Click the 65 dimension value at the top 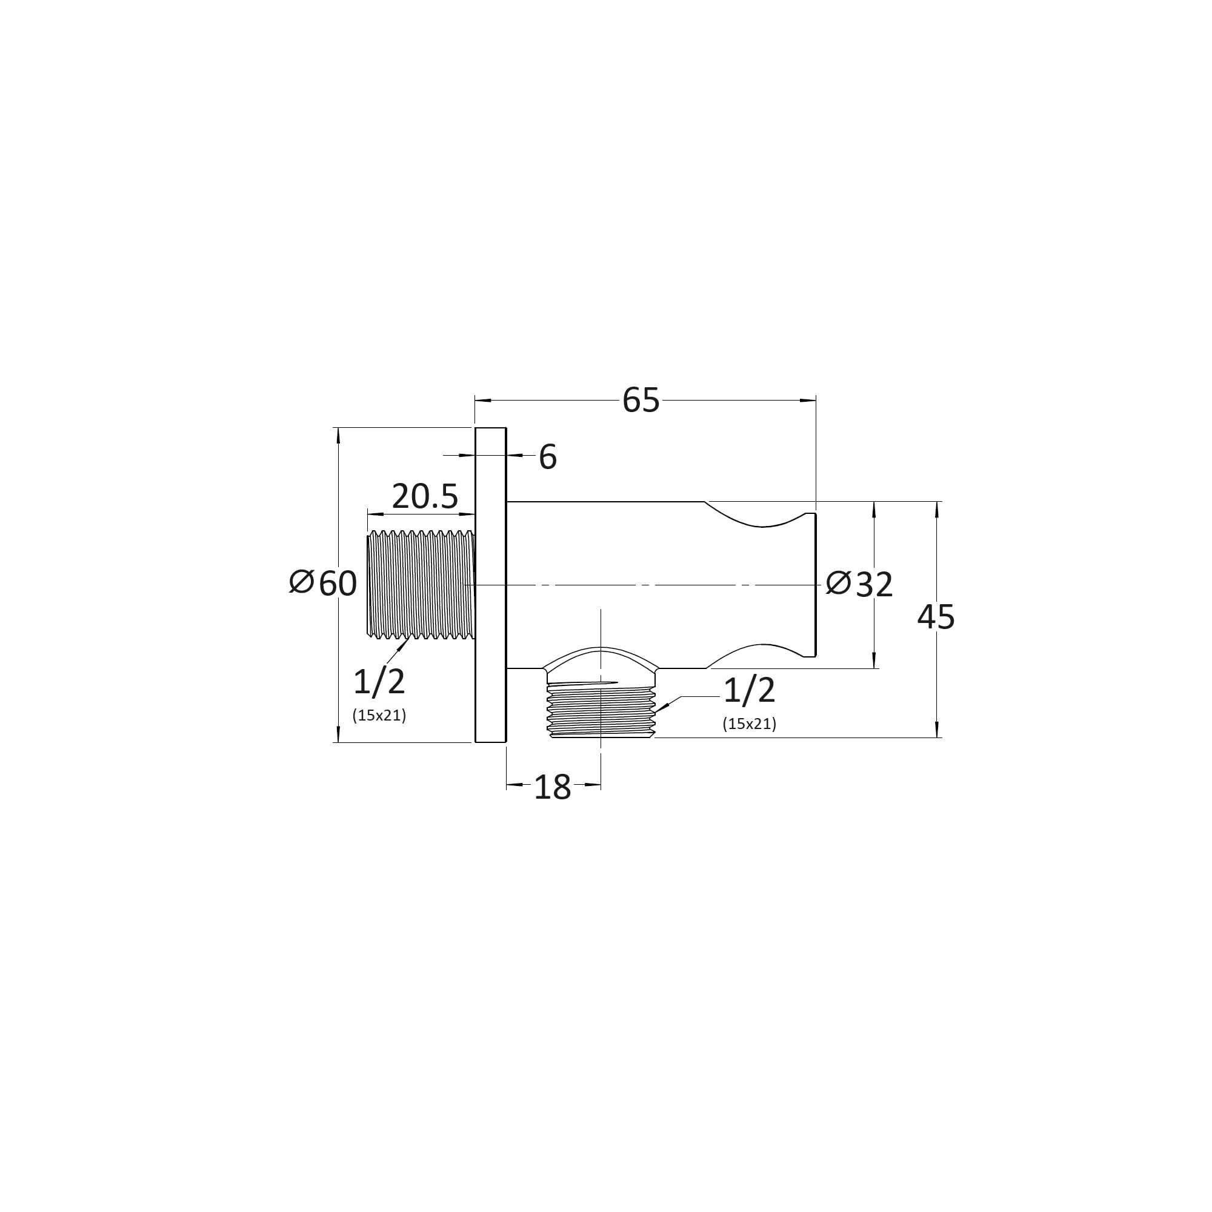click(641, 400)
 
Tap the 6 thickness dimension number click(548, 457)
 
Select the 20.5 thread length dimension click(425, 497)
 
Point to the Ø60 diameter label click(323, 584)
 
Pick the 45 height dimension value click(936, 618)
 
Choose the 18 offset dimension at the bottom click(552, 787)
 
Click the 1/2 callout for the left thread click(379, 682)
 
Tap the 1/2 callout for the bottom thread click(750, 691)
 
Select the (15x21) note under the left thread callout click(379, 715)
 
